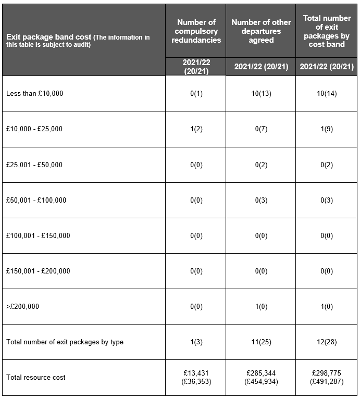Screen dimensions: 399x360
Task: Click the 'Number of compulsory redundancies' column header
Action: click(196, 31)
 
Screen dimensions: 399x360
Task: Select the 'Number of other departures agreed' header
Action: click(261, 31)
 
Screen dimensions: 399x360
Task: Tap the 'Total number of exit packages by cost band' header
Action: click(327, 31)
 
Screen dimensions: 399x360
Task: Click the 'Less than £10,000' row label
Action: click(34, 94)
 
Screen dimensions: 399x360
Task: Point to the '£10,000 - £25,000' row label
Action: click(34, 129)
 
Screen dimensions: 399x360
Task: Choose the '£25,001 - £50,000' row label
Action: click(34, 165)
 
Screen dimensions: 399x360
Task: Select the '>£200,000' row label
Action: click(22, 306)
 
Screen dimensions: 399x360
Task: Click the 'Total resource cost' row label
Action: click(36, 377)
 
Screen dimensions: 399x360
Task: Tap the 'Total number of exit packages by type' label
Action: click(65, 342)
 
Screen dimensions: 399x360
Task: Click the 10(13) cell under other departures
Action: click(261, 94)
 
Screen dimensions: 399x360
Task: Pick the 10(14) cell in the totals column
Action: click(327, 94)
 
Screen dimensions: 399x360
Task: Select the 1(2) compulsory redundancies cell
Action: click(196, 129)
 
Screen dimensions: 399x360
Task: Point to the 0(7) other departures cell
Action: click(261, 129)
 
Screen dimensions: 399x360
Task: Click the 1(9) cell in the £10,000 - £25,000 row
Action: click(327, 129)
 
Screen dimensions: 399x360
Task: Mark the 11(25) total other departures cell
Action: click(261, 342)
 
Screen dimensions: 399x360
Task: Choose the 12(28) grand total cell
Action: click(327, 342)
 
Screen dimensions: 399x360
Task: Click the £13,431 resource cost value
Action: click(196, 373)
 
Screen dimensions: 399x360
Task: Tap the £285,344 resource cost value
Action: click(261, 373)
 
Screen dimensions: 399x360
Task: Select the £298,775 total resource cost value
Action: click(327, 373)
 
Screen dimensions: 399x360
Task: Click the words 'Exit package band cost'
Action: click(48, 38)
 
